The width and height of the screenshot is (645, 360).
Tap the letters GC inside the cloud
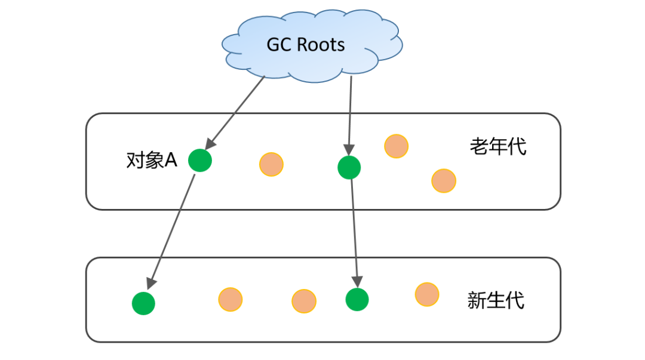coord(278,45)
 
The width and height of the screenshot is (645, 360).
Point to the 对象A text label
coord(152,161)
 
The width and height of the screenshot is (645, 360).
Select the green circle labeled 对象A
coord(200,160)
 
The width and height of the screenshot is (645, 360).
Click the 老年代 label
coord(498,146)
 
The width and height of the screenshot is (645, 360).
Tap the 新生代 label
coord(496,300)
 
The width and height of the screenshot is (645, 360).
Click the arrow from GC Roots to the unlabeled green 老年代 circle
coord(350,113)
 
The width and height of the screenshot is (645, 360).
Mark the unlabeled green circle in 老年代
coord(349,167)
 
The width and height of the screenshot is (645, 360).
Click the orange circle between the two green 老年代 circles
coord(271,165)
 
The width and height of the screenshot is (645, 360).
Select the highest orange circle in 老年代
coord(396,146)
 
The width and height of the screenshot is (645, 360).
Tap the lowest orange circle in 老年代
coord(444,180)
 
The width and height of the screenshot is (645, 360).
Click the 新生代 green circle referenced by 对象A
coord(143,303)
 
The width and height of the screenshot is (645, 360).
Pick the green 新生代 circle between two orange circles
coord(357,299)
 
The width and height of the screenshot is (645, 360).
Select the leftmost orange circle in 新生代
coord(230,300)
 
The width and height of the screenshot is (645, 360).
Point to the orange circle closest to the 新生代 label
coord(427,294)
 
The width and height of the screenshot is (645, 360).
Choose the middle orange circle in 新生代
coord(303,301)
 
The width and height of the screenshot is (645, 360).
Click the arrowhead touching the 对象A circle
coord(208,144)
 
